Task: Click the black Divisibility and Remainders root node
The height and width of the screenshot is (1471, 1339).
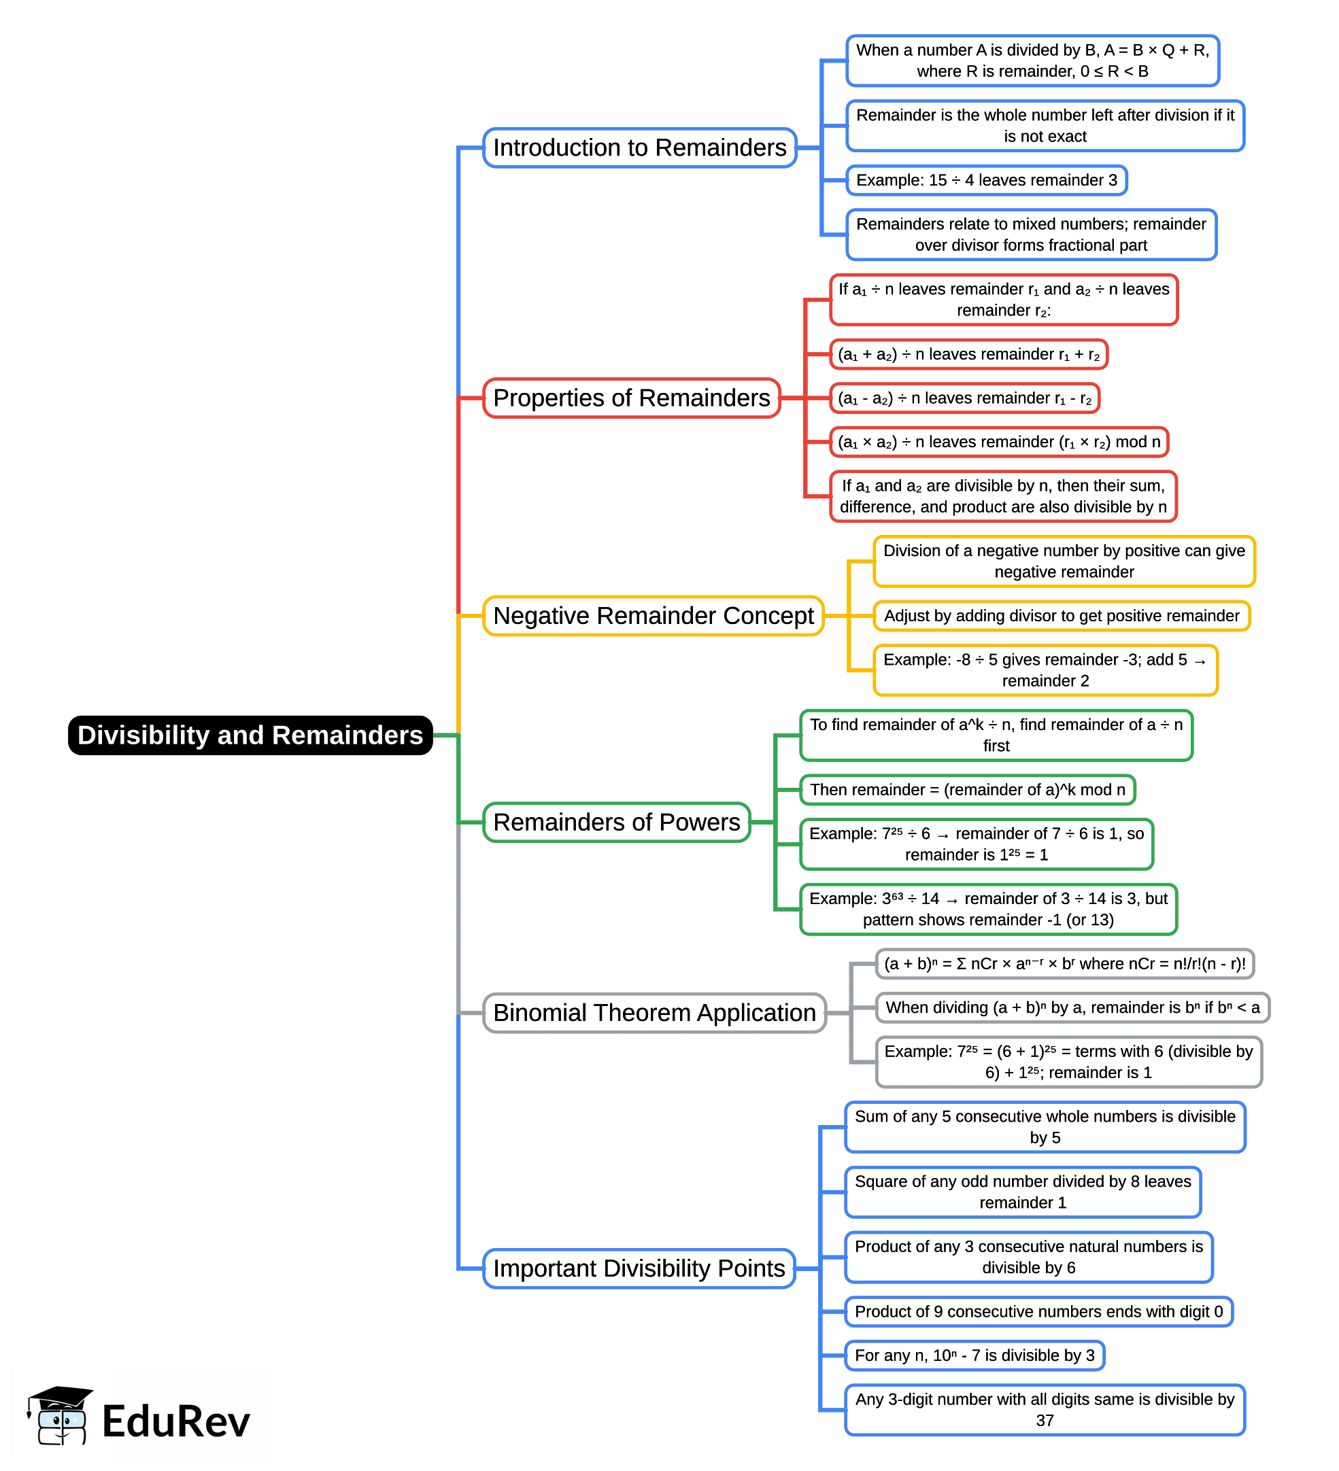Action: click(x=250, y=735)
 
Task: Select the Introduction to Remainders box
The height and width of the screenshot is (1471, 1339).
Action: click(x=639, y=148)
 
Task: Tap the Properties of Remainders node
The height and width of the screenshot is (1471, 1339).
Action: click(x=631, y=398)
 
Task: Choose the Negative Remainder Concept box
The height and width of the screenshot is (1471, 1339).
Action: click(x=653, y=616)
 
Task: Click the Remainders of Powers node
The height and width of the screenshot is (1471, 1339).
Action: click(x=616, y=823)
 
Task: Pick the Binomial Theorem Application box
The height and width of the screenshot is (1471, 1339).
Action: click(x=654, y=1013)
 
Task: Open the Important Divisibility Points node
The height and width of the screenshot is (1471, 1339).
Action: click(x=639, y=1268)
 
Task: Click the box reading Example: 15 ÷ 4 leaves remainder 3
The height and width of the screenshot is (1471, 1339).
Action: click(x=985, y=180)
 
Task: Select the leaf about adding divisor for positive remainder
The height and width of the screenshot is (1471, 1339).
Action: click(x=1061, y=616)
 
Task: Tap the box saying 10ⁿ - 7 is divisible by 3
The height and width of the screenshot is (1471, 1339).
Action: click(x=974, y=1355)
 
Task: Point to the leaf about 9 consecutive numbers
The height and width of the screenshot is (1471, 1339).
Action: click(x=1038, y=1312)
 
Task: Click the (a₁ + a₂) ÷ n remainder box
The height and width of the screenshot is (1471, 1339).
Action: click(x=968, y=355)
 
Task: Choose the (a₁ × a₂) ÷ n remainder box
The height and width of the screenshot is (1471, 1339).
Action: click(x=999, y=442)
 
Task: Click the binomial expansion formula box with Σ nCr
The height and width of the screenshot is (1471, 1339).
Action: click(x=1064, y=964)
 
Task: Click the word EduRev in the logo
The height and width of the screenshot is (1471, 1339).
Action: click(x=176, y=1421)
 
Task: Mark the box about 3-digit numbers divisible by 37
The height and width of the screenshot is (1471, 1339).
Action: click(x=1044, y=1410)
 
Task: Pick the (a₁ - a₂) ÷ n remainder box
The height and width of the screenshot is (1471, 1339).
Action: click(x=964, y=398)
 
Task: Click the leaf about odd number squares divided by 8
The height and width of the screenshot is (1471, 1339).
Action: click(x=1022, y=1192)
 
